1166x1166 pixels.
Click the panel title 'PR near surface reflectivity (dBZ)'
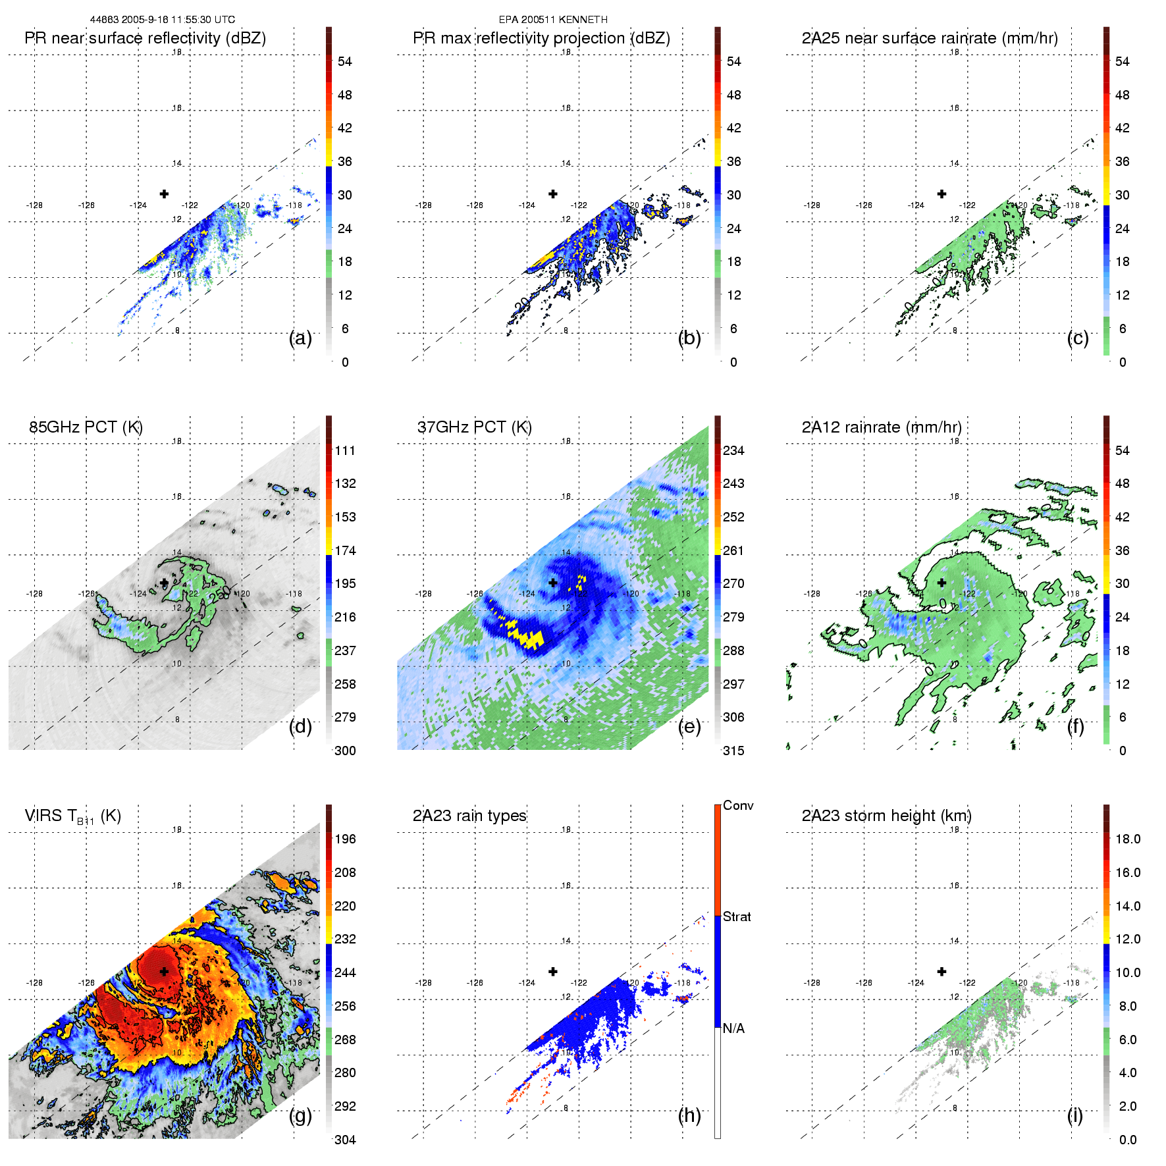[x=145, y=38]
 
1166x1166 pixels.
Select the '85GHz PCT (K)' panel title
[x=86, y=427]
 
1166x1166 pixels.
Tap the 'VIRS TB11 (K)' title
[x=72, y=816]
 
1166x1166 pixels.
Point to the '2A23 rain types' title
[x=469, y=816]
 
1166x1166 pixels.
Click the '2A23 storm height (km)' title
[x=886, y=816]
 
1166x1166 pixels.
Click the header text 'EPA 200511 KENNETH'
[x=553, y=20]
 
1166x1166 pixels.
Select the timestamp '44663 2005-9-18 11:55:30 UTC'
[x=163, y=20]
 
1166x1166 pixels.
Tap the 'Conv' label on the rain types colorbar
[x=738, y=805]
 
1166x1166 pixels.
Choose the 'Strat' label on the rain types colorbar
[x=737, y=916]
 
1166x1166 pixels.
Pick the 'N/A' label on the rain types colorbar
[x=733, y=1028]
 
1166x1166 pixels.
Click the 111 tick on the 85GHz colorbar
[x=345, y=450]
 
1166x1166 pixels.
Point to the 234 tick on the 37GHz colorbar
[x=733, y=450]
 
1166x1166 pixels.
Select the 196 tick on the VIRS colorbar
[x=345, y=839]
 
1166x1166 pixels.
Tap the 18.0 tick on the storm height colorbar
[x=1127, y=839]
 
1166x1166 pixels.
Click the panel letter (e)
[x=689, y=726]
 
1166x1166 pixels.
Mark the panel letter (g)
[x=300, y=1115]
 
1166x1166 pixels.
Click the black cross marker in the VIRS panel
[x=164, y=971]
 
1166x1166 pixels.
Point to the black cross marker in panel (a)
[x=164, y=194]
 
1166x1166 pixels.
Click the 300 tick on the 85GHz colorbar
[x=345, y=751]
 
